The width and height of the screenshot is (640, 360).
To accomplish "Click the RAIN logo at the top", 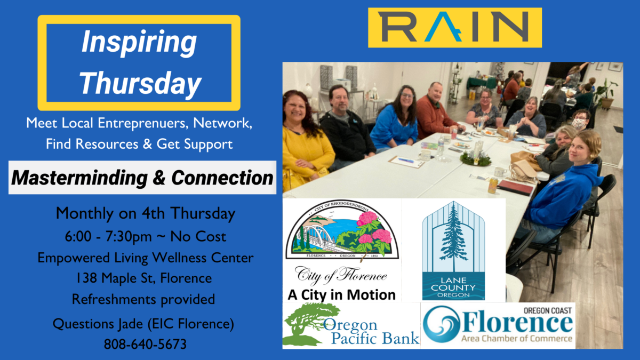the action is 455,27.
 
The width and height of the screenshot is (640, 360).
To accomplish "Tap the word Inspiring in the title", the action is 139,42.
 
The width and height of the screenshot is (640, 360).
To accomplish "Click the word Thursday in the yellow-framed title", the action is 140,83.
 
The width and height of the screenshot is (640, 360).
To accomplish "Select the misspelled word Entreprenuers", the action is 143,123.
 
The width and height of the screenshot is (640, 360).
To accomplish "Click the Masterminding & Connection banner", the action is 142,178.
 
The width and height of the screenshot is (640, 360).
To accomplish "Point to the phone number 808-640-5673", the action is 145,344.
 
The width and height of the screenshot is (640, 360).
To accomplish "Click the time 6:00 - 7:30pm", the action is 108,237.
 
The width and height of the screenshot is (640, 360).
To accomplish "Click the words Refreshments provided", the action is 143,299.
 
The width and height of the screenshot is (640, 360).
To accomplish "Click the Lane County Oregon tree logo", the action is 453,250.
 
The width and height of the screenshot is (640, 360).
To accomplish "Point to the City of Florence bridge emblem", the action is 342,229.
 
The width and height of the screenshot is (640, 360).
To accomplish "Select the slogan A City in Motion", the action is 341,294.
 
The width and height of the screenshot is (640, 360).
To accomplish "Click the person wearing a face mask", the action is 579,122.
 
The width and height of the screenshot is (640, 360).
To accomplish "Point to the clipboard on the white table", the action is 406,162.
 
